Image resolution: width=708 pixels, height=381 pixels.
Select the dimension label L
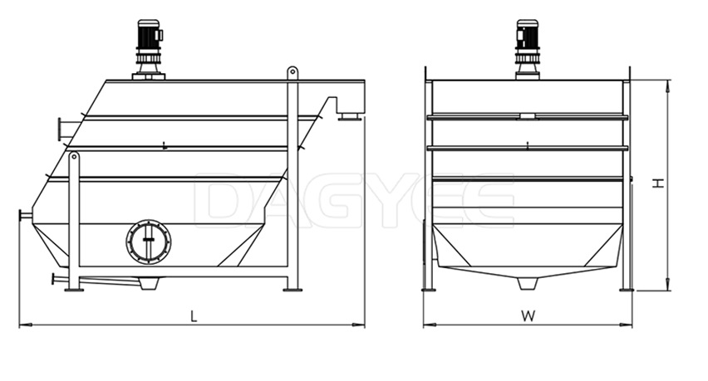(x=194, y=315)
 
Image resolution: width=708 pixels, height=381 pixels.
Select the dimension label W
(x=527, y=315)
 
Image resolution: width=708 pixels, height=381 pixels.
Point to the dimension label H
(x=658, y=183)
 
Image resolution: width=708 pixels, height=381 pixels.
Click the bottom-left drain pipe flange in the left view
(x=57, y=280)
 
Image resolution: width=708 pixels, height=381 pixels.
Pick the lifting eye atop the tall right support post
(x=293, y=73)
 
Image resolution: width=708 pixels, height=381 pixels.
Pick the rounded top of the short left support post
(x=74, y=156)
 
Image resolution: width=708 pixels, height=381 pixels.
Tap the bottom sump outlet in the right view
(x=527, y=283)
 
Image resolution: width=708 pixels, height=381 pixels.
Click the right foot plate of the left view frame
(x=293, y=289)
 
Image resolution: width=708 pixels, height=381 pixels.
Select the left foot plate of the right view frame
(x=429, y=289)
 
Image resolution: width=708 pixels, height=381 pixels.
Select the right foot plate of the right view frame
(x=626, y=289)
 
